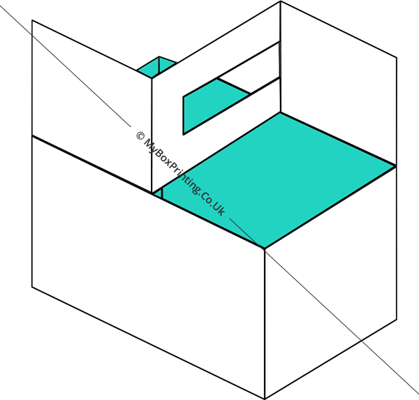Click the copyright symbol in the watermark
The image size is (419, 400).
140,135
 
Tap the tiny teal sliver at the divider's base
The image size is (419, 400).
159,193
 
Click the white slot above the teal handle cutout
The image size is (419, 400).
249,68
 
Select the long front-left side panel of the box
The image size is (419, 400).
148,267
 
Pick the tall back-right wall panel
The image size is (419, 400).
338,83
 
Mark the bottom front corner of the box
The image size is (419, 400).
265,399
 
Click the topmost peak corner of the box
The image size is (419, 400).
280,1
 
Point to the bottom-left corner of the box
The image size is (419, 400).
32,287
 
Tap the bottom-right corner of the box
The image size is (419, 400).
397,319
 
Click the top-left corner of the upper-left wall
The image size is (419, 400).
32,20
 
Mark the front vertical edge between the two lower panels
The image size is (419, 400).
265,324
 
